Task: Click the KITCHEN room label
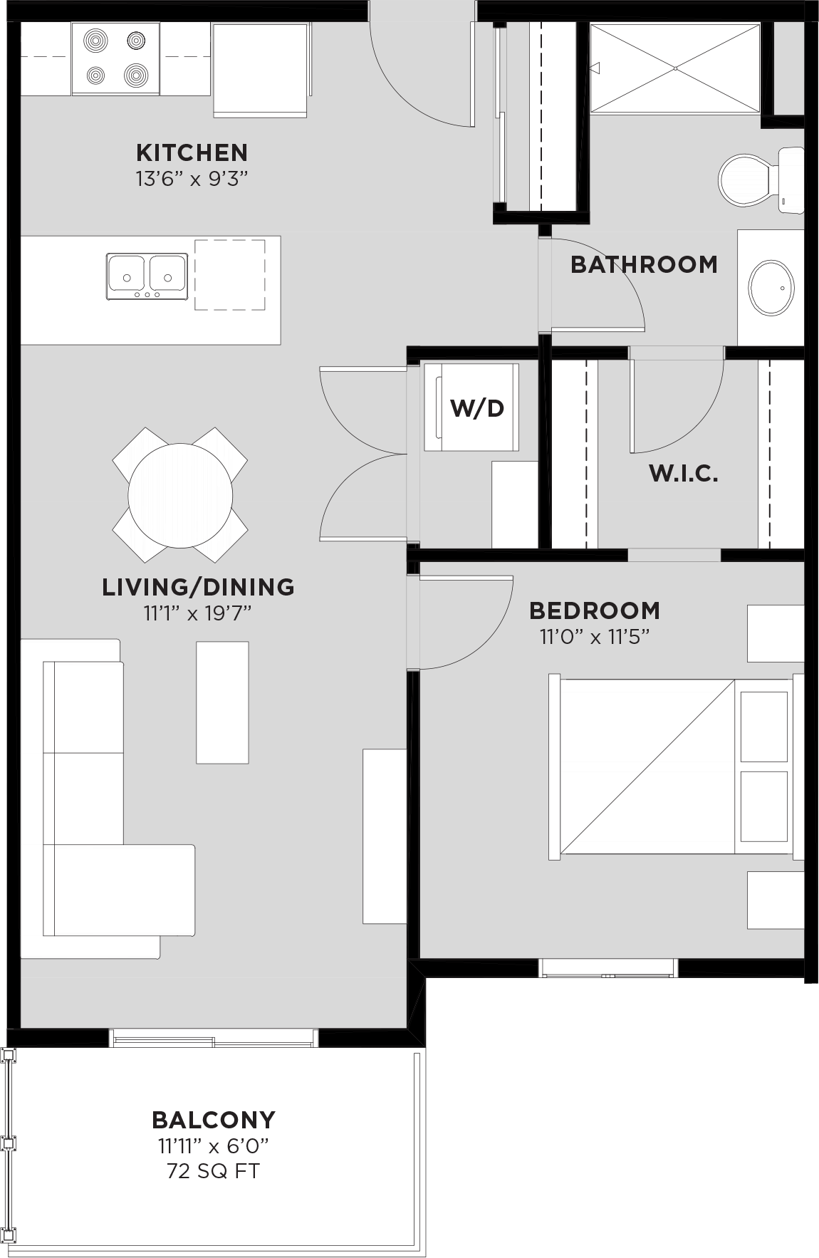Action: click(x=192, y=152)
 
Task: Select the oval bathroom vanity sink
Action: click(x=771, y=288)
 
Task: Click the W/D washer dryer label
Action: click(x=476, y=408)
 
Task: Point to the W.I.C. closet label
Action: click(x=683, y=473)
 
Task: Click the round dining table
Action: click(x=180, y=495)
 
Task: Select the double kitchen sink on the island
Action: click(x=147, y=276)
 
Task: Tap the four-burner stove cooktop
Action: click(x=115, y=58)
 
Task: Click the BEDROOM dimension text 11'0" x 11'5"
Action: click(x=595, y=637)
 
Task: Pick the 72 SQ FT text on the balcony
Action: click(x=213, y=1170)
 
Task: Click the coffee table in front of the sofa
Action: click(x=222, y=702)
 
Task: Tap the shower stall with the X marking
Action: click(x=674, y=68)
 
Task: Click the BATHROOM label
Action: click(x=644, y=264)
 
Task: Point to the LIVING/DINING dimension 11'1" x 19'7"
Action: click(x=197, y=613)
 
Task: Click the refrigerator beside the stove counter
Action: click(x=261, y=70)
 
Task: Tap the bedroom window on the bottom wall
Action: click(x=607, y=967)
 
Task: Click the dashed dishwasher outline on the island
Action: click(x=230, y=275)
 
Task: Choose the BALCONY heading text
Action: click(x=213, y=1120)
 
